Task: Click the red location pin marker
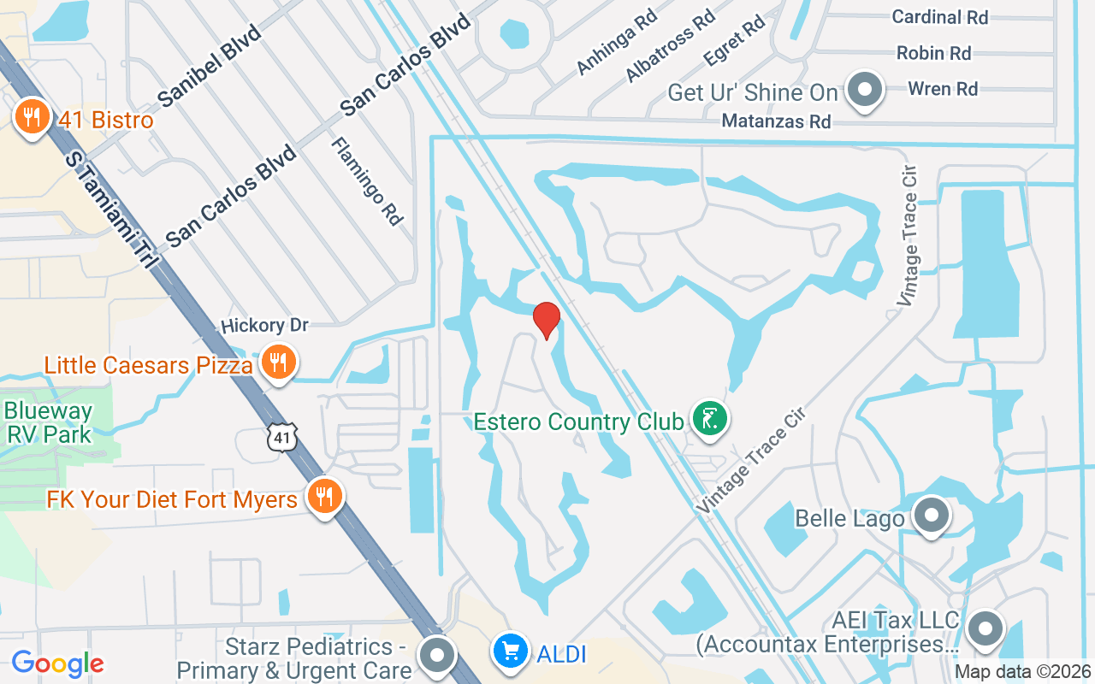[547, 320]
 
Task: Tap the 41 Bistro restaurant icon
[32, 117]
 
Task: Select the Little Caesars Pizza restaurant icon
[277, 363]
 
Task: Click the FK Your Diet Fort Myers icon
[324, 496]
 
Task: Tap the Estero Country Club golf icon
[710, 419]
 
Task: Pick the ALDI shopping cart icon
[511, 653]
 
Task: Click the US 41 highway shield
[281, 438]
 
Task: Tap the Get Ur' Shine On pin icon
[865, 90]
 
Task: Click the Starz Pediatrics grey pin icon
[439, 656]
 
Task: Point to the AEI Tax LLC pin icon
[985, 628]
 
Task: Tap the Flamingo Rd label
[367, 181]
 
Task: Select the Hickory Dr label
[263, 326]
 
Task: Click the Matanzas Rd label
[776, 121]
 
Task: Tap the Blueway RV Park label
[48, 422]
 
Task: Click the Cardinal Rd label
[939, 17]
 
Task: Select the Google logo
[57, 663]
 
